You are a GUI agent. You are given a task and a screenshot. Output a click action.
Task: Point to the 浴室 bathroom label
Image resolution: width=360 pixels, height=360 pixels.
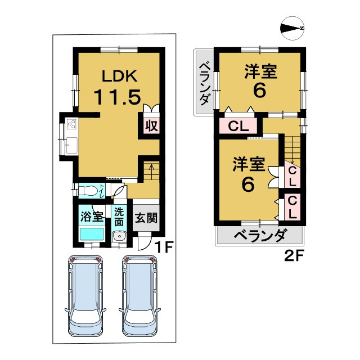91,215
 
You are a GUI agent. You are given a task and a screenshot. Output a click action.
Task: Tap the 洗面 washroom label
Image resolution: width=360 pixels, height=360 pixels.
119,216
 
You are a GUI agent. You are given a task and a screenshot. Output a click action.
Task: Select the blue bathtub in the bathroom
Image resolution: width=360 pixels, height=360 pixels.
91,233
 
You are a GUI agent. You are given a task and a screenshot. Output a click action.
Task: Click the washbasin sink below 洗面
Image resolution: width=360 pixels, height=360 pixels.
119,237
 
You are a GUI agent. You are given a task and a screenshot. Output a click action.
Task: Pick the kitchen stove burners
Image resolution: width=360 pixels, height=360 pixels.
71,125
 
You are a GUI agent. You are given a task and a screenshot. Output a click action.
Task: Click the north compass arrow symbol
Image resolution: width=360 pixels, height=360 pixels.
292,28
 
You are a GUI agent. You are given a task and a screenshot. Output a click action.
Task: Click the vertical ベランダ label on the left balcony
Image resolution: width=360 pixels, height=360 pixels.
204,83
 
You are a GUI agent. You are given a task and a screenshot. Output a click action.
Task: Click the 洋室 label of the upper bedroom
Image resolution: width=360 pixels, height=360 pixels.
259,72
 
